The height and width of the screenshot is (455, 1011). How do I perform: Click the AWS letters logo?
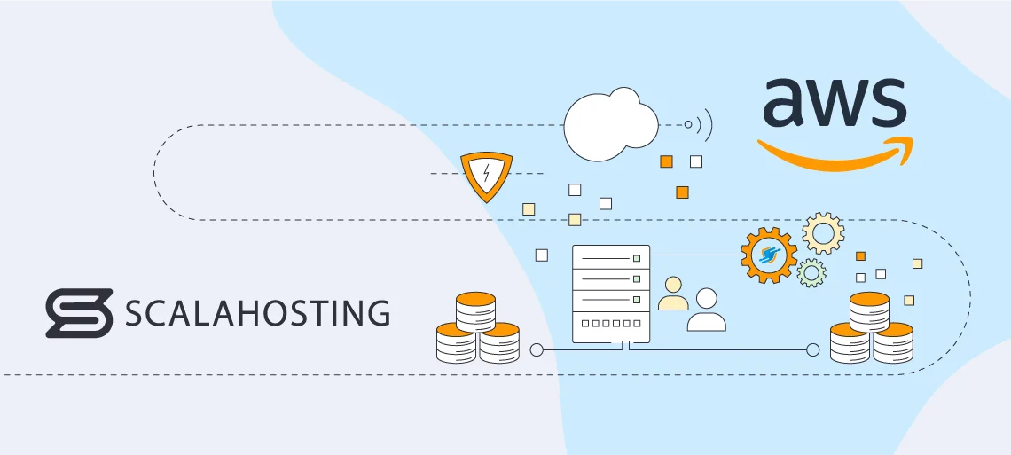(834, 106)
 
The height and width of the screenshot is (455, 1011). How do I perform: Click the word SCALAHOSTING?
(257, 313)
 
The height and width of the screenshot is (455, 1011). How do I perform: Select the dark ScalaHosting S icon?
(79, 313)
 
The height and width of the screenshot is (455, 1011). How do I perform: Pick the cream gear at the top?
(823, 233)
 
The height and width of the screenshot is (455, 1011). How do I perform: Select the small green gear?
(811, 272)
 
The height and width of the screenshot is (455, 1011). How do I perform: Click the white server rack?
(611, 294)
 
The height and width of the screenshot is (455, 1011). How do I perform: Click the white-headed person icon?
(706, 310)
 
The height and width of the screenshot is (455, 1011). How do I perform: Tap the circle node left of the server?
(536, 349)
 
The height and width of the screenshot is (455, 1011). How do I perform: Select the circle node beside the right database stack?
(812, 349)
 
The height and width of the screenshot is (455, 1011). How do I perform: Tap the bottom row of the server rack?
(611, 326)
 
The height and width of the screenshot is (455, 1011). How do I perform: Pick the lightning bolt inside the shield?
(486, 174)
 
